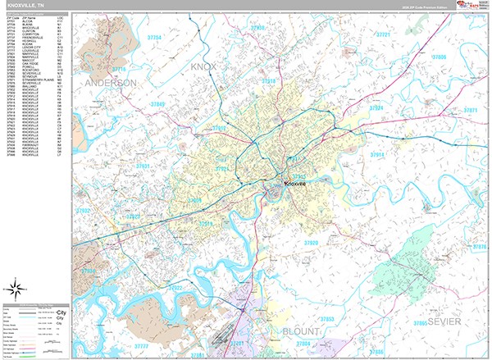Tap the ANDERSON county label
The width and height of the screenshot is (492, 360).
pyautogui.click(x=109, y=83)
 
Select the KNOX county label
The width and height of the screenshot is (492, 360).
pyautogui.click(x=207, y=66)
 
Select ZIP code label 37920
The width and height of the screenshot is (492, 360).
pyautogui.click(x=312, y=243)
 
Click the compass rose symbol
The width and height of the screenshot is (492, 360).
pyautogui.click(x=15, y=288)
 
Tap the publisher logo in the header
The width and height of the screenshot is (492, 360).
pyautogui.click(x=470, y=7)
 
